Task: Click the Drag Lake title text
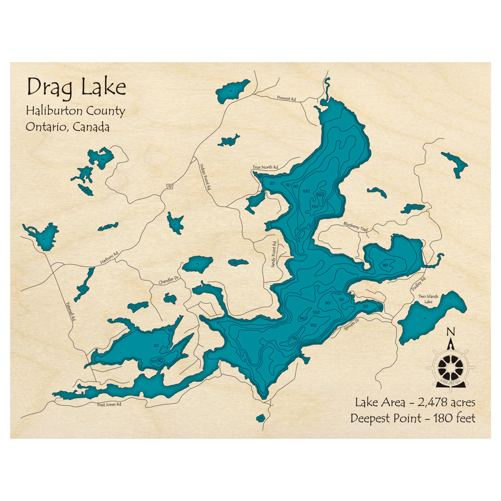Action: pyautogui.click(x=76, y=87)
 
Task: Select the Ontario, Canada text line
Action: pyautogui.click(x=68, y=127)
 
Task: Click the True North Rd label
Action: pyautogui.click(x=265, y=167)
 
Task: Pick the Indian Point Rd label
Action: pyautogui.click(x=205, y=178)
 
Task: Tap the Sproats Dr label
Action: pyautogui.click(x=352, y=327)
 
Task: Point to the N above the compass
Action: pyautogui.click(x=450, y=332)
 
